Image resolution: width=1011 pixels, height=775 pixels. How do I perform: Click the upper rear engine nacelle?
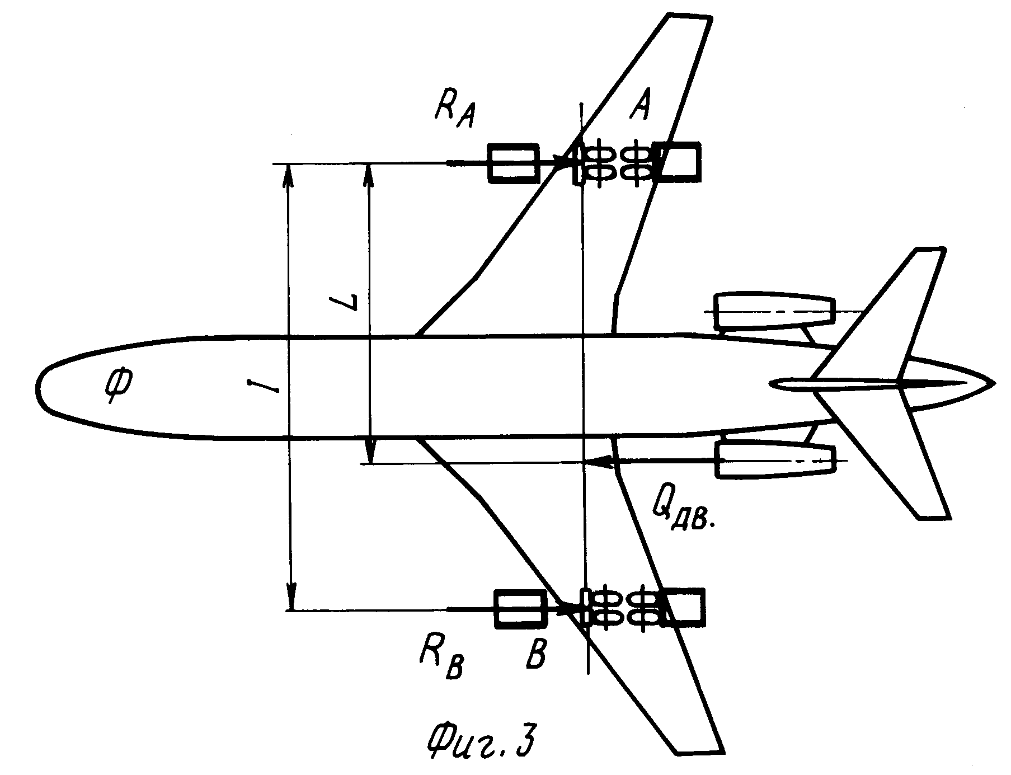pyautogui.click(x=775, y=312)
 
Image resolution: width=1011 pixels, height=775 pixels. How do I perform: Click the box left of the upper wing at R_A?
pyautogui.click(x=514, y=163)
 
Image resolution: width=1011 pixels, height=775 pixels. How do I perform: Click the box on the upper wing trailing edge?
pyautogui.click(x=677, y=162)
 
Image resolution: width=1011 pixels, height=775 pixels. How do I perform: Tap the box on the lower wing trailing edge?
pyautogui.click(x=682, y=607)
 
